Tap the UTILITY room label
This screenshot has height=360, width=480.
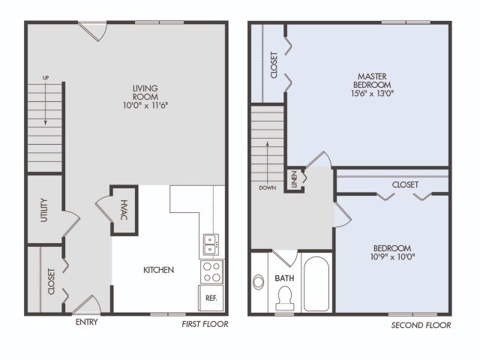coord(44,210)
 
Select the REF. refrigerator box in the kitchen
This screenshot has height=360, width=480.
coord(211,297)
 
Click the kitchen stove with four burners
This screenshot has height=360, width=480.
coord(211,271)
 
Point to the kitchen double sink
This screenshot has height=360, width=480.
coord(211,243)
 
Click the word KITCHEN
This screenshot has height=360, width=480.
coord(159,270)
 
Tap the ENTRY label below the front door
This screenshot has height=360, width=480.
coord(87,323)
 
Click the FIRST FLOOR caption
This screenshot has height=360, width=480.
coord(205,325)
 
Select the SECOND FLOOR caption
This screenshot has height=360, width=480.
coord(421,325)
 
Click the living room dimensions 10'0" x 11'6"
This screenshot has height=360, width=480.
coord(146,106)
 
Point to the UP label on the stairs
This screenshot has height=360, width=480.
coord(44,77)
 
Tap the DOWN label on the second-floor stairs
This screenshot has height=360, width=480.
coord(268,187)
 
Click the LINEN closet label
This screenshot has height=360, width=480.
coord(294,179)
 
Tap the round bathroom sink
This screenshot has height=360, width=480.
coord(259,283)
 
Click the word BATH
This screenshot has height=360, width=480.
coord(285,278)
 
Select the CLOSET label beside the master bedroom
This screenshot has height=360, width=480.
coord(274,64)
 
